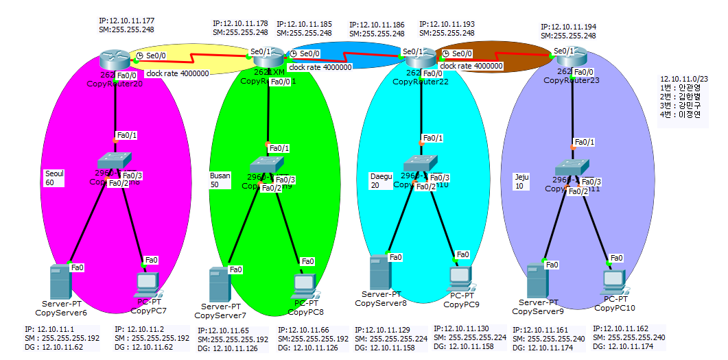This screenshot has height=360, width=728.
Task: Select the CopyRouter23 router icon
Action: click(569, 60)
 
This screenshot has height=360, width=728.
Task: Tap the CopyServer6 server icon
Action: click(60, 282)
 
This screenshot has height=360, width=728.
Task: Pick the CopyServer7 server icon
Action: click(220, 285)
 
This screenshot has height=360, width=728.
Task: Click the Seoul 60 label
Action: click(54, 178)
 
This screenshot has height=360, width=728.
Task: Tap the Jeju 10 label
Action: click(522, 181)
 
